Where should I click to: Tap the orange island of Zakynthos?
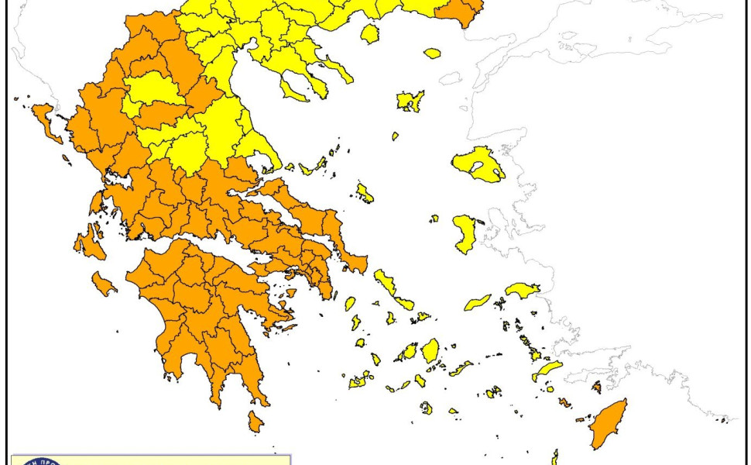click(102, 284)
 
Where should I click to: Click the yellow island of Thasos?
click(370, 33)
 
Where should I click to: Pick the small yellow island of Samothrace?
click(431, 53)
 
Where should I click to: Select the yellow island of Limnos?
click(410, 101)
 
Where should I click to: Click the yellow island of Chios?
click(465, 234)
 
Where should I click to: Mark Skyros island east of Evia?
click(364, 192)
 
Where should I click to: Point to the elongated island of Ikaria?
click(478, 302)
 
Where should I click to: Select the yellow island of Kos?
click(547, 370)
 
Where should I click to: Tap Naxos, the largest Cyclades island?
click(430, 350)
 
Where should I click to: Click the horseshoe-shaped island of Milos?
click(360, 381)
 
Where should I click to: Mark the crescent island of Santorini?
click(426, 407)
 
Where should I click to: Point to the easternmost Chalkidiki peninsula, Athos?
click(338, 71)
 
